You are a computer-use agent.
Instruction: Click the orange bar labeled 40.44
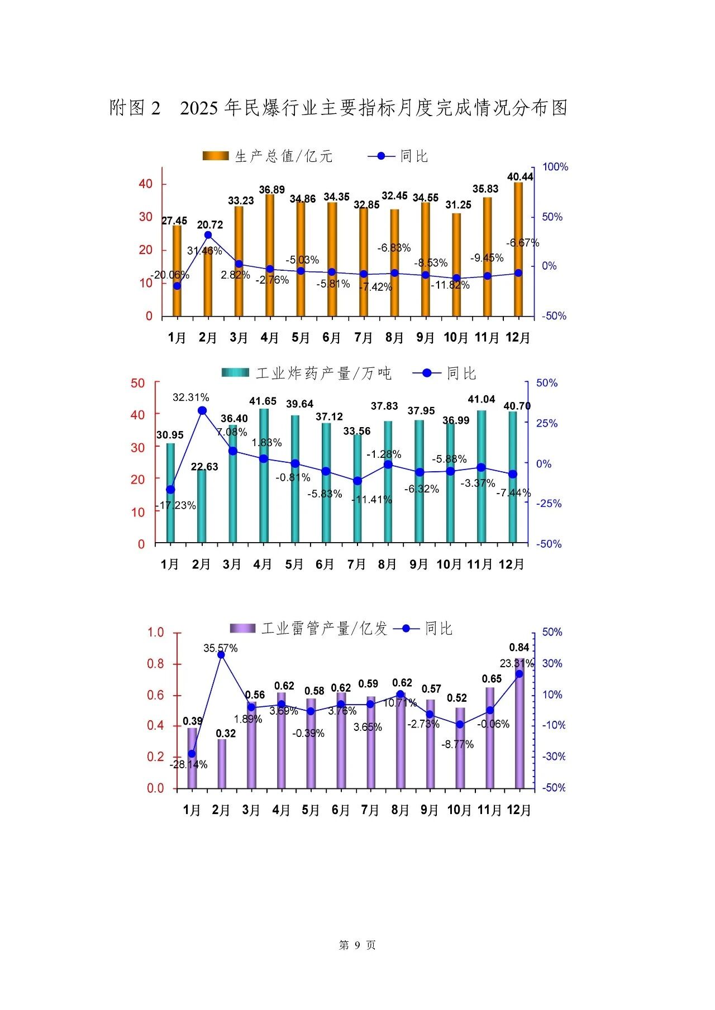(518, 249)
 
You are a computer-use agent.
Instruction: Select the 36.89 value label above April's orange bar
(271, 190)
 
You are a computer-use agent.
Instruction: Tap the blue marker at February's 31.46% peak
(208, 235)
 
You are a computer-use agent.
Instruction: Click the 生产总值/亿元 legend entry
(268, 156)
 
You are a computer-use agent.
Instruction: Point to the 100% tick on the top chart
(555, 167)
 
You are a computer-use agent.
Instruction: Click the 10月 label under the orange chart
(456, 338)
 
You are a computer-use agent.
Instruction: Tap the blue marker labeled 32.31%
(202, 411)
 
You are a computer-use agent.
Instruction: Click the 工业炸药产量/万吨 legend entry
(307, 373)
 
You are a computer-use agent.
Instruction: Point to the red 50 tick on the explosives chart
(137, 383)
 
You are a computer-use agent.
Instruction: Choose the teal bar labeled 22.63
(202, 505)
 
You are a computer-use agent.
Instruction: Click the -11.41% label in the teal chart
(371, 500)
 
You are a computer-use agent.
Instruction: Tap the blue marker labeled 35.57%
(221, 654)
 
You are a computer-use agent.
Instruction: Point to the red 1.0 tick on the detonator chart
(155, 633)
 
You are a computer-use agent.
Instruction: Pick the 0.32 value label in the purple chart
(226, 733)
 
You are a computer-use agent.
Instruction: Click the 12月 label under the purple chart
(519, 810)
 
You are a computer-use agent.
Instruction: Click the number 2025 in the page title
(199, 108)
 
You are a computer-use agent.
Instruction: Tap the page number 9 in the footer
(357, 945)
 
